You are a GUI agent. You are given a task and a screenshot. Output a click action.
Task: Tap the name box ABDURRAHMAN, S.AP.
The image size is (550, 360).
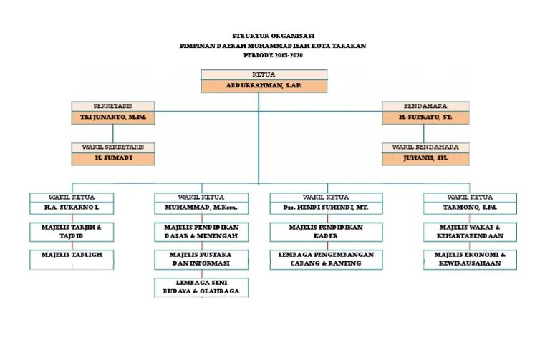264,86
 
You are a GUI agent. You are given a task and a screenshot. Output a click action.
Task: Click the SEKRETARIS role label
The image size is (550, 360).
112,106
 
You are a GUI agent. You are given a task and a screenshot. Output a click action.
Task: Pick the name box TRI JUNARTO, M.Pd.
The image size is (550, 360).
112,117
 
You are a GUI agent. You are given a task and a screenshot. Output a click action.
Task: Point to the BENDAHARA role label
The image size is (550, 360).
425,106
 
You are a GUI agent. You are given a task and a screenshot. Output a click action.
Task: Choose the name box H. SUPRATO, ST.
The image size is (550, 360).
425,117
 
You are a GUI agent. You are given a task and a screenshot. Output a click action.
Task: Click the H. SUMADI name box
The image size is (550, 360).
113,157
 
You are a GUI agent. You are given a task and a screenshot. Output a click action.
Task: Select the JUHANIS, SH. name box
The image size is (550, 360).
425,157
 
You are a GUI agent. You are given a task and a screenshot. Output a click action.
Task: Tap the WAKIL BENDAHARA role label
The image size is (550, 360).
425,147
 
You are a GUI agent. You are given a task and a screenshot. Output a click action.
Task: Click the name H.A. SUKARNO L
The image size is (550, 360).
71,208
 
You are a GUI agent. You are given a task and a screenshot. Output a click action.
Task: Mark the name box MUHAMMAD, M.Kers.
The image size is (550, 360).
202,208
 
